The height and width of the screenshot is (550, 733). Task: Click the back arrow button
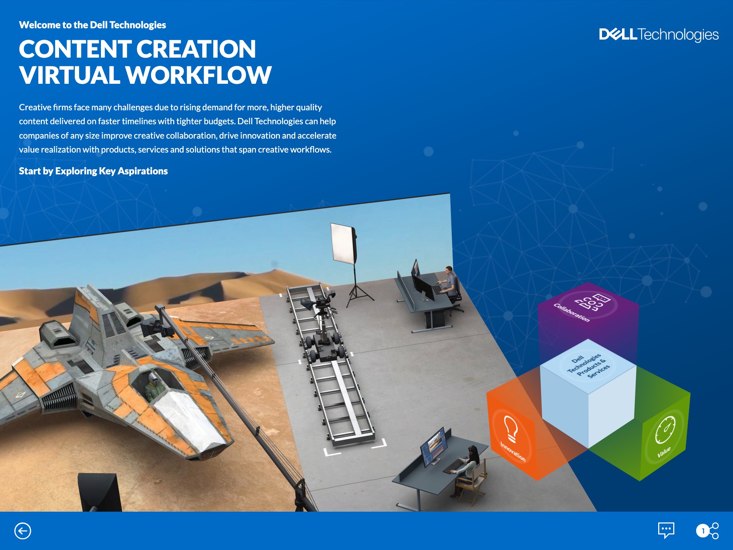click(23, 531)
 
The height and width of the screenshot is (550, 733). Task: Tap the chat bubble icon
click(666, 530)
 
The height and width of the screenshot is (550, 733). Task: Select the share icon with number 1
click(707, 531)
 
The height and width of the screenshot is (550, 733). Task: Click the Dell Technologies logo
click(659, 35)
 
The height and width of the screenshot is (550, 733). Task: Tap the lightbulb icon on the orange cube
click(511, 429)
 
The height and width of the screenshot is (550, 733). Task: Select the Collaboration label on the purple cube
click(571, 312)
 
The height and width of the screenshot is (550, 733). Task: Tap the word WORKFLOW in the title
click(199, 75)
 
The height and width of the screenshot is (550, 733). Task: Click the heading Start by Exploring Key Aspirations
click(93, 171)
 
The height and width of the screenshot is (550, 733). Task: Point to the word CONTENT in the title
click(75, 49)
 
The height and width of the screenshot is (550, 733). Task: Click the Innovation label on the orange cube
click(513, 452)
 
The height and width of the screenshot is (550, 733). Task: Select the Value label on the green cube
click(664, 452)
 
